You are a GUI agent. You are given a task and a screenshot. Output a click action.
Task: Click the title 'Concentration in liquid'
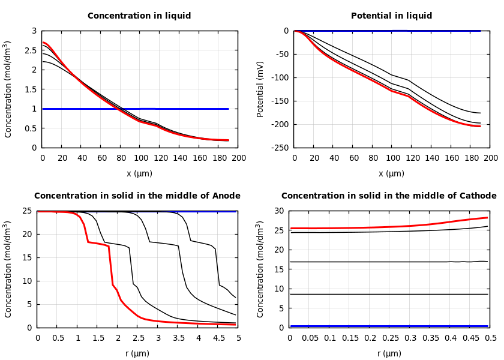139,16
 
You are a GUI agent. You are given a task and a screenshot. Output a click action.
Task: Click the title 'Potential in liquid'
391,16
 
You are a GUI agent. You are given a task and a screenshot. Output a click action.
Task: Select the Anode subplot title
137,196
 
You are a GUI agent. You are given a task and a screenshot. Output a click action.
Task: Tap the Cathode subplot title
389,196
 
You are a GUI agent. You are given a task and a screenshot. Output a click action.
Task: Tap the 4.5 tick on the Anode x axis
218,338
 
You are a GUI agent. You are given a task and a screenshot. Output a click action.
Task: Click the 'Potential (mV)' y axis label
260,89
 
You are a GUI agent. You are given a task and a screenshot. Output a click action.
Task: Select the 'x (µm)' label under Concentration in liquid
139,174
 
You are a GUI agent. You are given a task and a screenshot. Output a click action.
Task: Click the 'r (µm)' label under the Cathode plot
389,354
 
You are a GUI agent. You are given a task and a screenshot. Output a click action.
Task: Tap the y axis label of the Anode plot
8,269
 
